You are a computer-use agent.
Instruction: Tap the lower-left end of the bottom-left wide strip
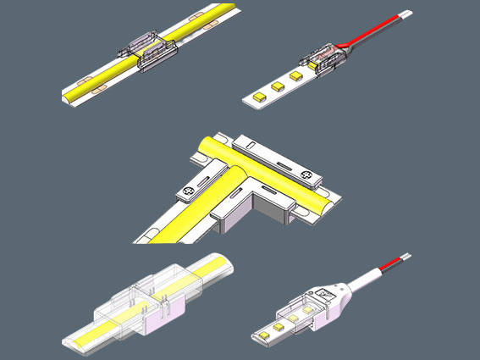point(74,341)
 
